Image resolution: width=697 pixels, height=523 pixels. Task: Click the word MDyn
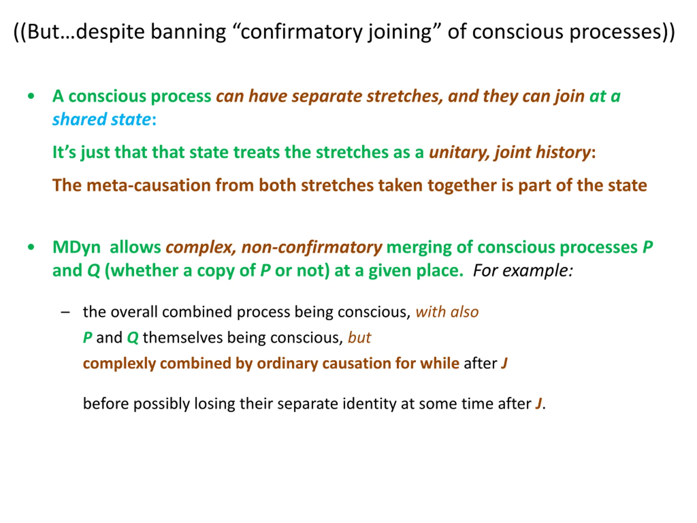[x=77, y=247]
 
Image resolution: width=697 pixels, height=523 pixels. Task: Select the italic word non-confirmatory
[x=312, y=247]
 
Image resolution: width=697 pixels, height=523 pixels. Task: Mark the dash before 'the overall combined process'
[x=65, y=312]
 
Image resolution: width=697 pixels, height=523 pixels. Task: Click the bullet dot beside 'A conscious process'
[x=31, y=96]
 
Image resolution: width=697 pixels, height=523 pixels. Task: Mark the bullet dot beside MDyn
[x=31, y=247]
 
